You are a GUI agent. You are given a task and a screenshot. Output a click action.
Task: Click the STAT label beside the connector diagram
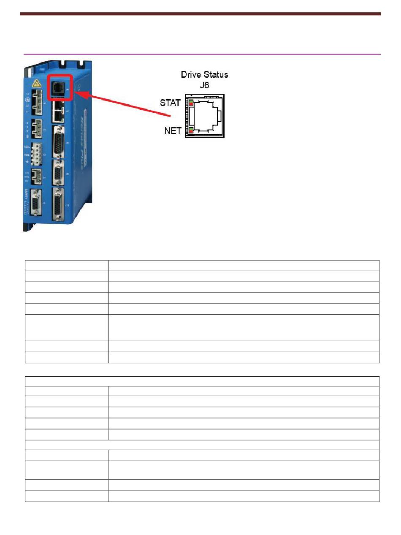pos(170,103)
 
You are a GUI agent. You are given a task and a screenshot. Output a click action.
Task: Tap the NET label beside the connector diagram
pos(173,131)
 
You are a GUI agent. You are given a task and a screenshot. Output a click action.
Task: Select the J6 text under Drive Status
pos(205,85)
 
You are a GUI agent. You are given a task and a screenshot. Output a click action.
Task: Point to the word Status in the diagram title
pos(217,75)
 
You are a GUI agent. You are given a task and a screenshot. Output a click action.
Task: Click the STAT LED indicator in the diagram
pos(191,103)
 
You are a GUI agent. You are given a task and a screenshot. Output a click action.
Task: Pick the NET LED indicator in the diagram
pos(191,130)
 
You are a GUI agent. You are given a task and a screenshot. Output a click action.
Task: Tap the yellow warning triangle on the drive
pos(37,83)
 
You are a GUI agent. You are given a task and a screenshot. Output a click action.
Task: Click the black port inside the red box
pos(58,87)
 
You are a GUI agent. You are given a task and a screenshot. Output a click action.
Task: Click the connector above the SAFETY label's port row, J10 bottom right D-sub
pos(58,204)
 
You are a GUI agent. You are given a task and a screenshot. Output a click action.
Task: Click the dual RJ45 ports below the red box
pos(57,111)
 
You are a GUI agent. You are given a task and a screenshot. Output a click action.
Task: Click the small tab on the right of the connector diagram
pos(219,116)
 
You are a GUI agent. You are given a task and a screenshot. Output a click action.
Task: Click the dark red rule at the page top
pos(200,14)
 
